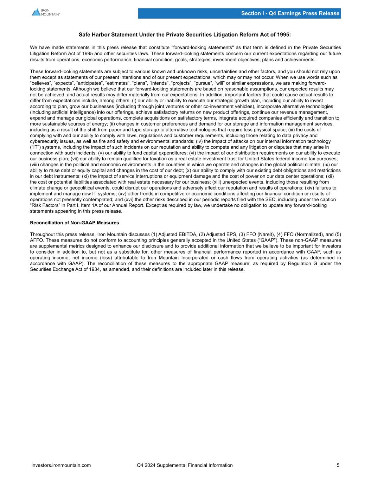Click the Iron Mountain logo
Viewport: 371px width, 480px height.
pos(46,12)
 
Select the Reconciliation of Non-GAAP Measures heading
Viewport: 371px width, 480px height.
pos(75,223)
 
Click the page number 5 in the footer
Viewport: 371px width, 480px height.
pos(338,465)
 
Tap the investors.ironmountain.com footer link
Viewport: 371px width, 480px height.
pos(61,465)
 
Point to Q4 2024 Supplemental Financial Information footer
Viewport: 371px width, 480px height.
pos(185,465)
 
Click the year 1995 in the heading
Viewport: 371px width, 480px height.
pos(284,35)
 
